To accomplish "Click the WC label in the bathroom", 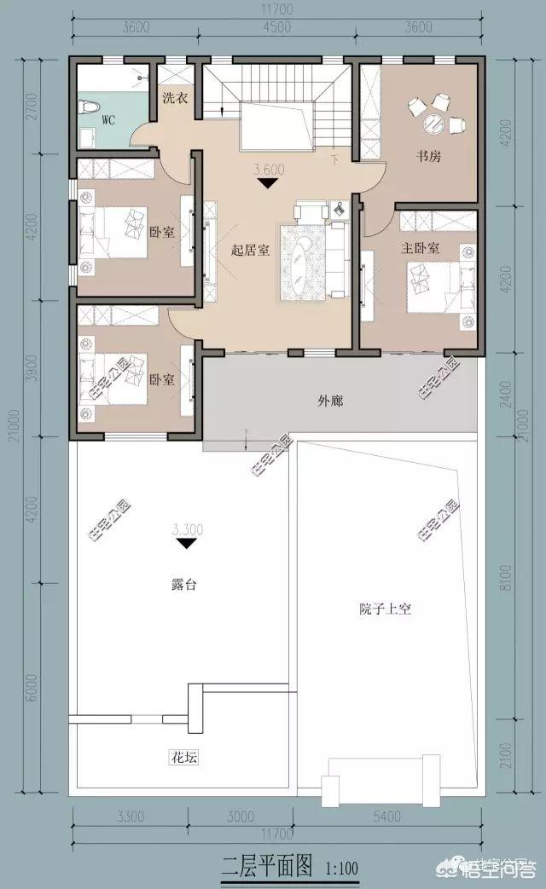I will [x=108, y=120].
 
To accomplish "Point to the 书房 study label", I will [x=428, y=157].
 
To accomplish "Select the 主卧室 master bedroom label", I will [x=420, y=249].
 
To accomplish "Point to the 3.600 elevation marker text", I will [x=270, y=170].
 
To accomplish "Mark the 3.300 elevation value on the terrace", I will [x=188, y=528].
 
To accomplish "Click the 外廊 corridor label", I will [x=330, y=401].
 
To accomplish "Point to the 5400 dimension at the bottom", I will [x=386, y=816].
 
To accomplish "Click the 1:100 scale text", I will [x=341, y=869].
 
